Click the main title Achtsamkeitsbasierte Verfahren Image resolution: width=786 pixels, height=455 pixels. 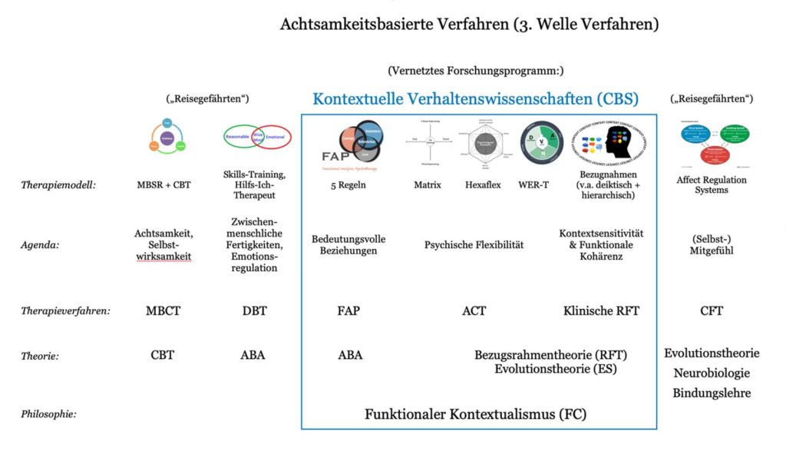click(x=469, y=25)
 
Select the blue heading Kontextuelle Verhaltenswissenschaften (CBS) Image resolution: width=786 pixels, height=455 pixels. click(x=475, y=99)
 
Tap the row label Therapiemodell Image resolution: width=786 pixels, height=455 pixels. click(x=58, y=185)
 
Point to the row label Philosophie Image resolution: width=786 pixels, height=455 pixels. click(x=50, y=414)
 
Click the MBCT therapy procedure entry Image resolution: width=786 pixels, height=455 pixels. click(x=163, y=311)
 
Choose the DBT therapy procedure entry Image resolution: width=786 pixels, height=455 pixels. click(x=254, y=311)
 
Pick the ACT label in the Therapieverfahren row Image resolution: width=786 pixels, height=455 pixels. click(x=474, y=311)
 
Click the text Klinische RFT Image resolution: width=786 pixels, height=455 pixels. click(x=601, y=311)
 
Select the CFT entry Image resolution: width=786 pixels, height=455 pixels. click(x=711, y=311)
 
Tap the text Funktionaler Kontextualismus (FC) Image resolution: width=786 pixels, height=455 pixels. click(x=475, y=414)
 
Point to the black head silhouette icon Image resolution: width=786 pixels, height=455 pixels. click(x=613, y=143)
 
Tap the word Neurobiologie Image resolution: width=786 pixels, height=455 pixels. click(x=712, y=374)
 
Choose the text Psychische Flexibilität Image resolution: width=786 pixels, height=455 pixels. click(x=474, y=245)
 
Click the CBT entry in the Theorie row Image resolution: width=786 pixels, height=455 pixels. click(x=163, y=355)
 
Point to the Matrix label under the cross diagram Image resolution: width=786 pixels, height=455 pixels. click(x=427, y=185)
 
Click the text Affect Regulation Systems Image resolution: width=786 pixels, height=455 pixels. click(x=711, y=185)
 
